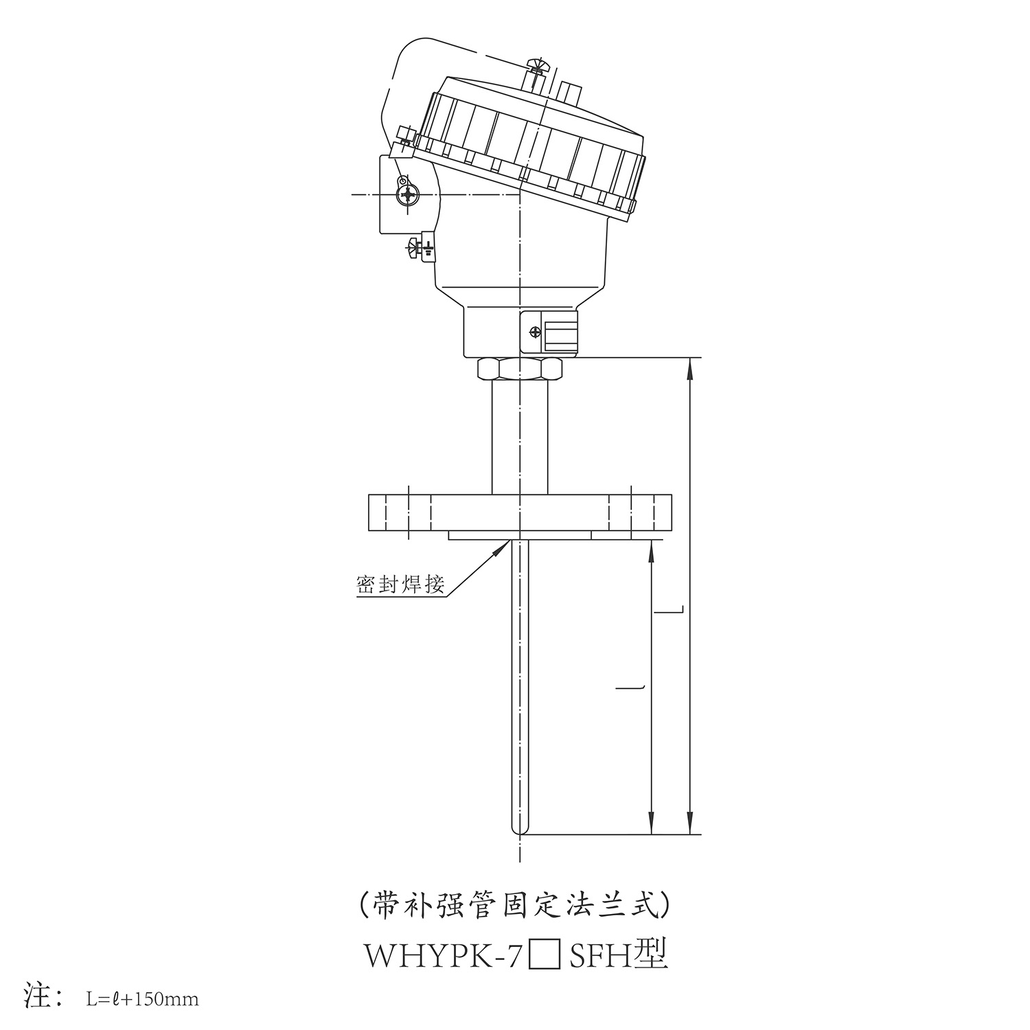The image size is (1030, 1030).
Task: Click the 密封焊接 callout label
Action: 400,584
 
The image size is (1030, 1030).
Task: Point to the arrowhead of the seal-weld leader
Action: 504,545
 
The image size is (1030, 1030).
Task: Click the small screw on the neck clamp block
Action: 535,333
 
